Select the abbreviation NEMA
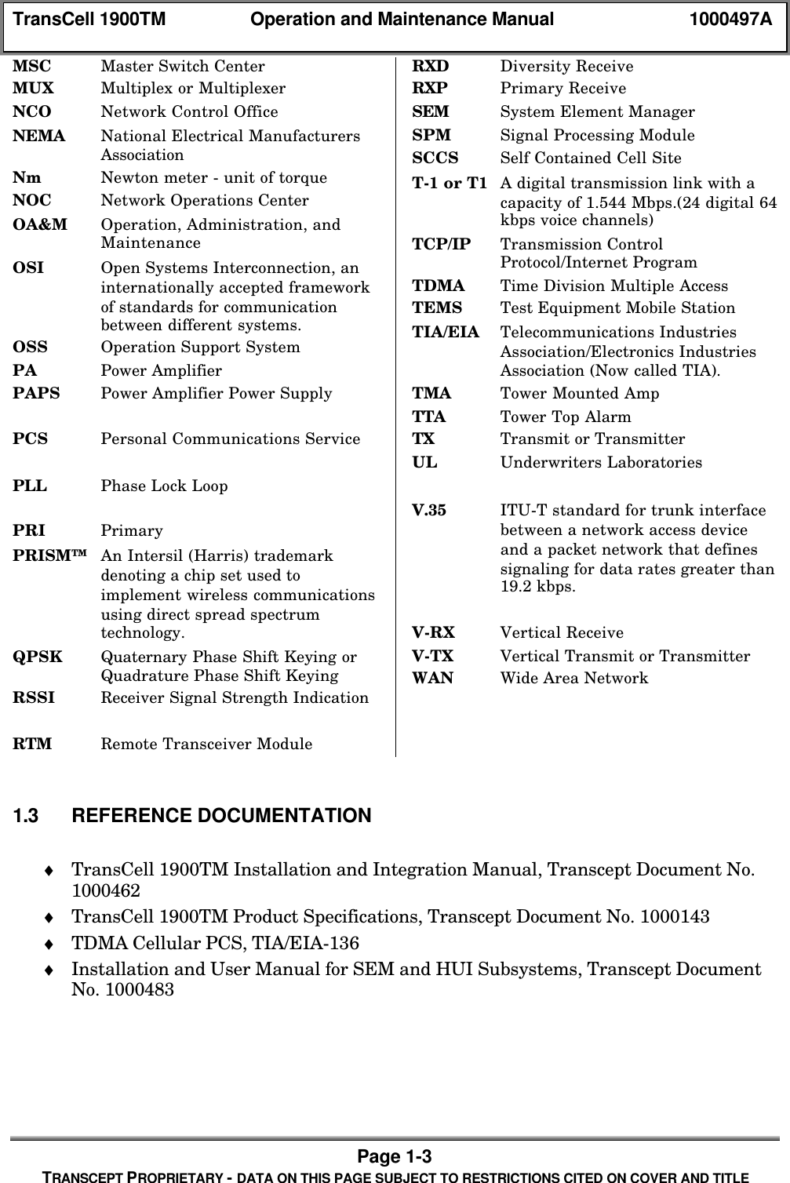(x=39, y=136)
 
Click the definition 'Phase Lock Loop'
(x=164, y=486)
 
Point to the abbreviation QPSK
(x=38, y=657)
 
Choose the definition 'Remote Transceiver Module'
(x=206, y=744)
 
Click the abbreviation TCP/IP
(x=442, y=244)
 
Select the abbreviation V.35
(x=429, y=510)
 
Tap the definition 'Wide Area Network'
(x=574, y=678)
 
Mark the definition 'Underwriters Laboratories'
(x=601, y=462)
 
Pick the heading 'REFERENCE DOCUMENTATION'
(x=221, y=816)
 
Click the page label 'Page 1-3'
(x=395, y=1156)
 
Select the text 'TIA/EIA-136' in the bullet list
(x=319, y=943)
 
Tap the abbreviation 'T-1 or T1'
(x=450, y=183)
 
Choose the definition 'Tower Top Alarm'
(x=566, y=417)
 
